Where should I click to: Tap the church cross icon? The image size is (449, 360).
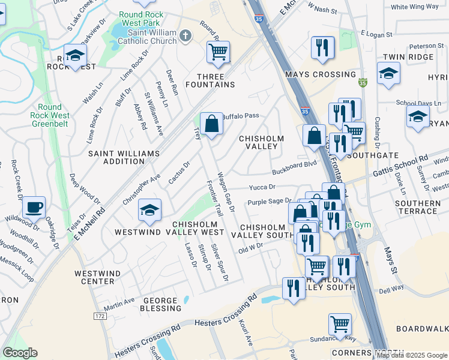(x=185, y=37)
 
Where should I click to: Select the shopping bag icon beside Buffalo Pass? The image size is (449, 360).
(x=211, y=124)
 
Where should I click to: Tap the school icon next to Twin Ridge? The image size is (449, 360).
(x=388, y=74)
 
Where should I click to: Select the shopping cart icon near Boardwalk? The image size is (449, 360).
(x=340, y=325)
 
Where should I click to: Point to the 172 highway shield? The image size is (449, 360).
(x=100, y=315)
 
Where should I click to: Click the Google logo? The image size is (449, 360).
(x=20, y=353)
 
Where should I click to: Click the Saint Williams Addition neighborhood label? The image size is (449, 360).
(x=124, y=158)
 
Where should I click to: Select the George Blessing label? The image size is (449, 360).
(x=161, y=304)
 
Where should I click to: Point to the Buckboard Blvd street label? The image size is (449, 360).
(x=294, y=164)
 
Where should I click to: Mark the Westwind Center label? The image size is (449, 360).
(x=94, y=277)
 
